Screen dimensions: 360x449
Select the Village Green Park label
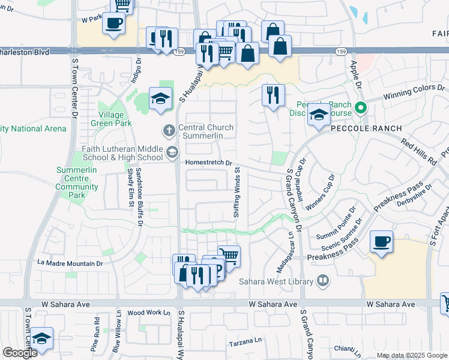click(x=107, y=118)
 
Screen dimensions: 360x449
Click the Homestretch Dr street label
click(x=209, y=163)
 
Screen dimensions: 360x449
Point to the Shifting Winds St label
click(x=237, y=192)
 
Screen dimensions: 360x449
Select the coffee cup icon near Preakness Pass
click(x=382, y=242)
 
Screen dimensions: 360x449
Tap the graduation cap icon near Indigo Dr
click(x=160, y=99)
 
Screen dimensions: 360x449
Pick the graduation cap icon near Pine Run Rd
click(x=41, y=339)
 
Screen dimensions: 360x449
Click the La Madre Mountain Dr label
click(x=70, y=263)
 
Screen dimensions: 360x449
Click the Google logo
click(x=20, y=353)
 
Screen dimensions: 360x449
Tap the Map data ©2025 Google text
click(x=412, y=356)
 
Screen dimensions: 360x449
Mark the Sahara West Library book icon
click(x=324, y=280)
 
